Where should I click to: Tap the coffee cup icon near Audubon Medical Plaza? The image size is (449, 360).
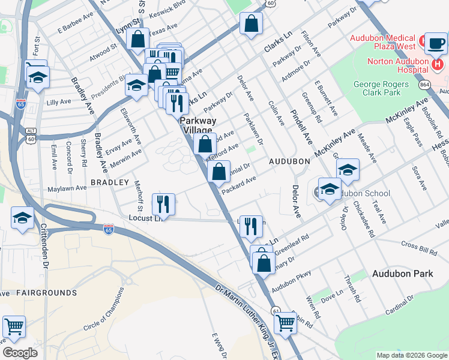[436, 43]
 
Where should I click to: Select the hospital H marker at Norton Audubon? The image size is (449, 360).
[438, 63]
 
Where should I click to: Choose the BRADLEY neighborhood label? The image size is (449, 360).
[110, 182]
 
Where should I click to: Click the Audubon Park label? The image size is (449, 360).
[402, 274]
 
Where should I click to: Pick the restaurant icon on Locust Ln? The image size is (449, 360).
[163, 205]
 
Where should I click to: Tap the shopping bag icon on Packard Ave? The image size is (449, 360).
[219, 172]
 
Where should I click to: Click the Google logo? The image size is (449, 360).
[20, 353]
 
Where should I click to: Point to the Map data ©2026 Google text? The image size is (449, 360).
[411, 355]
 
